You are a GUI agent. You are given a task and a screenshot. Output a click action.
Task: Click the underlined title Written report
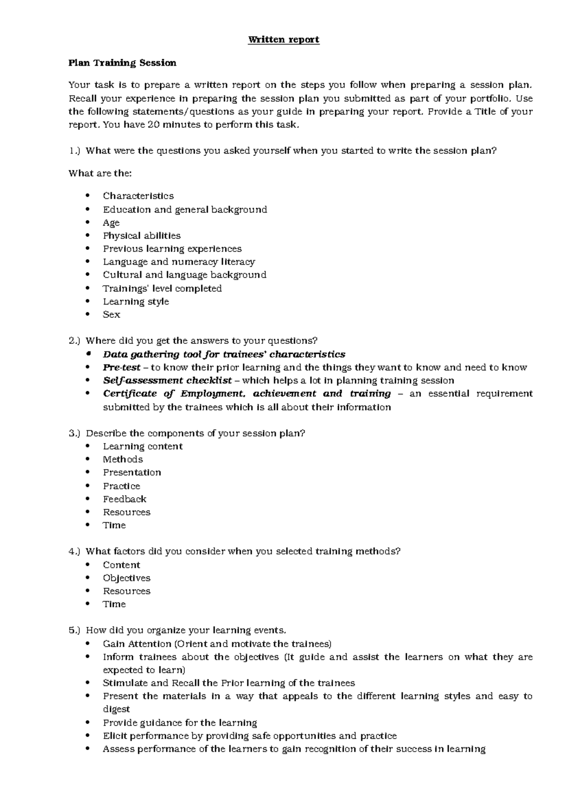pyautogui.click(x=283, y=40)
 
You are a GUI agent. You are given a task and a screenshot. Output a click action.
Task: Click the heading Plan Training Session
pyautogui.click(x=122, y=63)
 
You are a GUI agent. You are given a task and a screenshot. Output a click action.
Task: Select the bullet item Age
pyautogui.click(x=111, y=223)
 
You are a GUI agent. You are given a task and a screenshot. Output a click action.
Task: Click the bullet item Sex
pyautogui.click(x=112, y=315)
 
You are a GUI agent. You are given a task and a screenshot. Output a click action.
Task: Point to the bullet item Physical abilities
pyautogui.click(x=141, y=236)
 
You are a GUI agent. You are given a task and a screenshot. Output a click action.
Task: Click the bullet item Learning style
pyautogui.click(x=136, y=301)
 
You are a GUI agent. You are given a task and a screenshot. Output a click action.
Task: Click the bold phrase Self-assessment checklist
pyautogui.click(x=167, y=381)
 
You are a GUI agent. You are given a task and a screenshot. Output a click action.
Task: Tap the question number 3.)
pyautogui.click(x=75, y=433)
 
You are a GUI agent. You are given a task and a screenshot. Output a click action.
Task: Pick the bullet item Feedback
pyautogui.click(x=124, y=499)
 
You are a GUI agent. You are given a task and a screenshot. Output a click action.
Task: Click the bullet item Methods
pyautogui.click(x=123, y=460)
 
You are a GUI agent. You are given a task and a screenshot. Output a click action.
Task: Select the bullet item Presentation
pyautogui.click(x=132, y=473)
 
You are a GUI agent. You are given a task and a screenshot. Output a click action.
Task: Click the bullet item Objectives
pyautogui.click(x=127, y=578)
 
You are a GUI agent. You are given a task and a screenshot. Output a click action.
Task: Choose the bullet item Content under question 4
pyautogui.click(x=121, y=565)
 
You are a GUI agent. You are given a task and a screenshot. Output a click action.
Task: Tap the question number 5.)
pyautogui.click(x=75, y=631)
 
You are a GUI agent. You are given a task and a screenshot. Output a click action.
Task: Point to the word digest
pyautogui.click(x=116, y=709)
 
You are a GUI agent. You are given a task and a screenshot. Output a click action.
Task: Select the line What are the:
pyautogui.click(x=100, y=173)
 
